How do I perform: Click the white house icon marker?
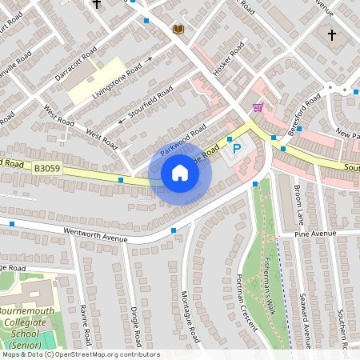(180, 173)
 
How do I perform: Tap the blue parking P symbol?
(236, 148)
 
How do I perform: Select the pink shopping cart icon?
(258, 106)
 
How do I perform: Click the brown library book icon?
(178, 30)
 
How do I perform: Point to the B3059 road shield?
(47, 168)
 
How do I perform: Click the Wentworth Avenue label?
(97, 233)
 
